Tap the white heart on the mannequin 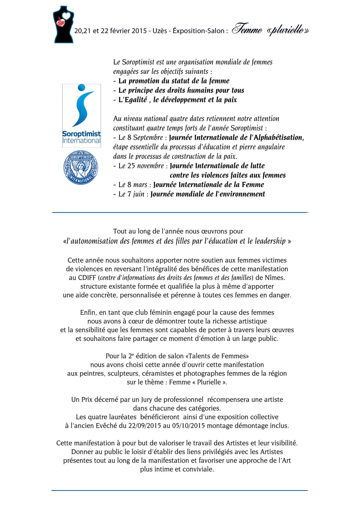(x=66, y=16)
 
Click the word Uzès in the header (x=160, y=31)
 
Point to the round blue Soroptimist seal (x=81, y=167)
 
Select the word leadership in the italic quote (x=270, y=241)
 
